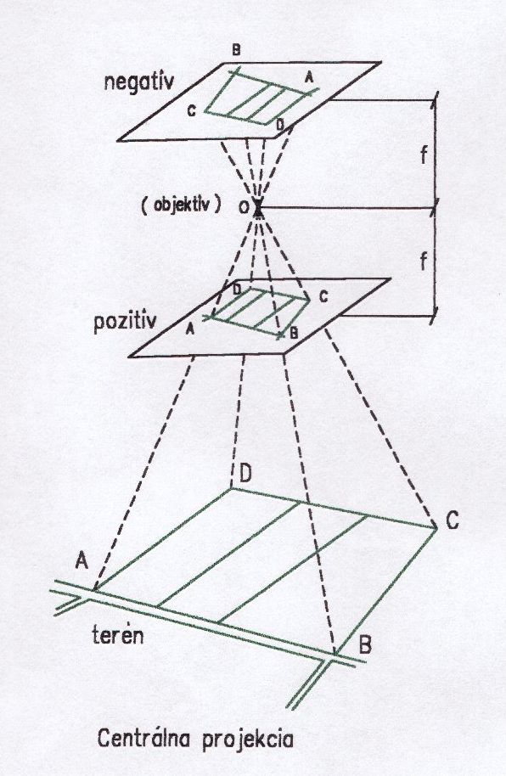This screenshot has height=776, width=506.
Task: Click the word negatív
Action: coord(138,82)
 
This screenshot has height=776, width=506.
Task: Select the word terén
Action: coord(118,634)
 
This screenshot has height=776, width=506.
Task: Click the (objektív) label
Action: coord(181,205)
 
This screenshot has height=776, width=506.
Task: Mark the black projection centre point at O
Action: coord(258,209)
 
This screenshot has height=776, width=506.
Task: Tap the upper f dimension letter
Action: coord(424,155)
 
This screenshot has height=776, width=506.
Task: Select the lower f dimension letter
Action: coord(424,261)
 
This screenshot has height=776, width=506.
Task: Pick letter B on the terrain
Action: coord(365,644)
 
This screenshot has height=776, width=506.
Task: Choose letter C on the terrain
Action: coord(452,520)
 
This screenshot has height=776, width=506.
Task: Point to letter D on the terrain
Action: coord(245,474)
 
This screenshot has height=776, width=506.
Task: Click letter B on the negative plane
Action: coord(237,49)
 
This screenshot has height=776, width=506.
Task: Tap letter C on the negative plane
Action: coord(192,111)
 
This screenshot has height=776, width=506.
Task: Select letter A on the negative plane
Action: coord(309,76)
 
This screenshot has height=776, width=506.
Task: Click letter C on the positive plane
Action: coord(323,297)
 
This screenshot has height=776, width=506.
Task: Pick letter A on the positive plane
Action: coord(189,329)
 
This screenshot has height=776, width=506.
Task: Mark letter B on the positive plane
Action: coord(294,333)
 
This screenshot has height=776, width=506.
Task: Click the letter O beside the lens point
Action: coord(244,208)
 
